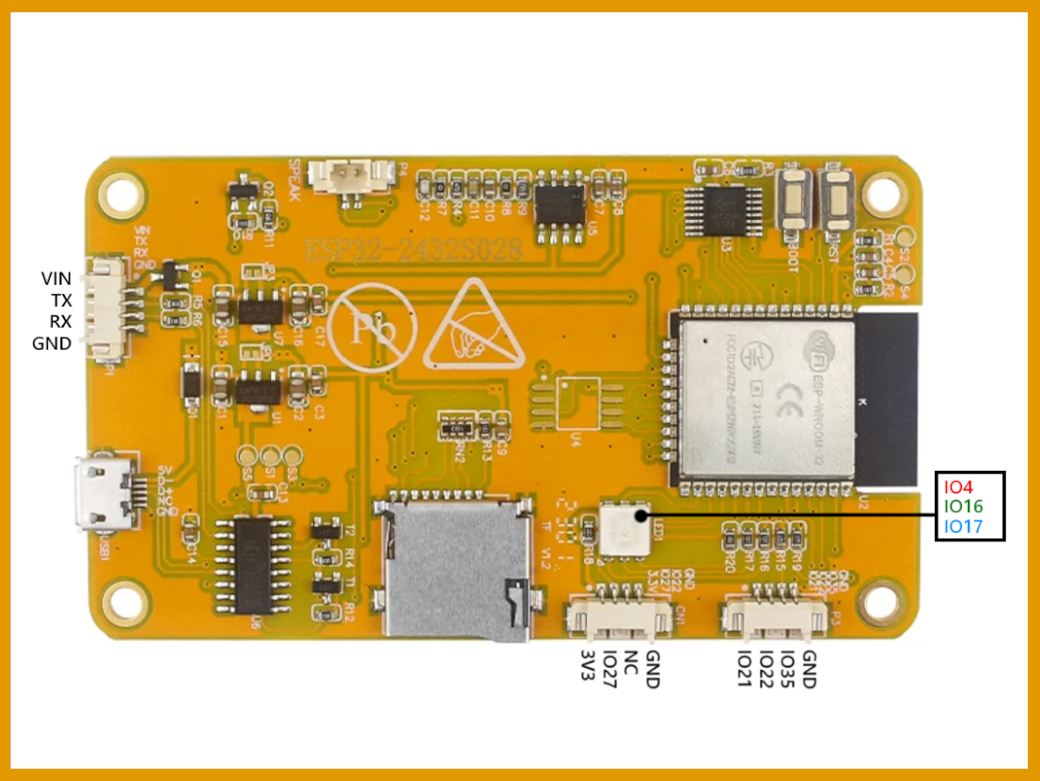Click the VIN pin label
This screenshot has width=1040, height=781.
pos(56,278)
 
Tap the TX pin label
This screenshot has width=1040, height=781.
pos(61,300)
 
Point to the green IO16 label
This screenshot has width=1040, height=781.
pos(962,507)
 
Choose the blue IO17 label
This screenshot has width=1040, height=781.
pos(962,527)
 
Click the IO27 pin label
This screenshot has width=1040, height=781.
pos(609,669)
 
